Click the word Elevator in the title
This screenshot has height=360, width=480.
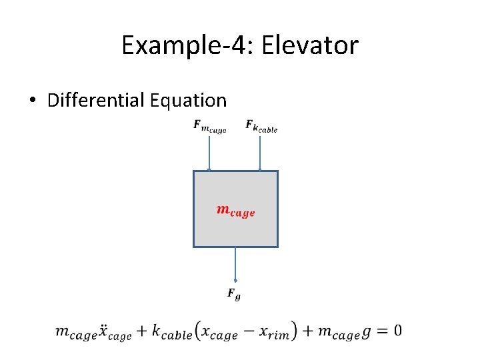click(x=311, y=45)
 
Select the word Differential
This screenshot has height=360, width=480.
click(x=96, y=101)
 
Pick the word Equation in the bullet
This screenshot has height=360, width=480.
click(x=189, y=101)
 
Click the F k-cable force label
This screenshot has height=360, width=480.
click(x=261, y=125)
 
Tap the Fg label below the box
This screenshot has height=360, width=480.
click(x=234, y=293)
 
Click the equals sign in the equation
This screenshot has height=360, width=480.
click(x=380, y=331)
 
